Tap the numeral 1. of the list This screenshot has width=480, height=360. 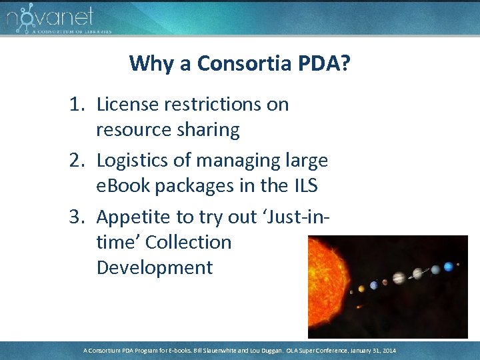tap(81, 105)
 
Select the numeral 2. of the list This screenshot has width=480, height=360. tap(81, 161)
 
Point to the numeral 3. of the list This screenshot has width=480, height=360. tap(81, 217)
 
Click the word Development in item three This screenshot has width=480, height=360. tap(155, 267)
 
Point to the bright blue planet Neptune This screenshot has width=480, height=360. tap(449, 267)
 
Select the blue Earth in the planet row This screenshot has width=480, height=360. tap(374, 285)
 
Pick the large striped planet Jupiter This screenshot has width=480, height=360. tap(399, 278)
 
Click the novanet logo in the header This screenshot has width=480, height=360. tap(50, 16)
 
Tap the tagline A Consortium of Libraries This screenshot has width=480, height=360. tap(71, 31)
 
